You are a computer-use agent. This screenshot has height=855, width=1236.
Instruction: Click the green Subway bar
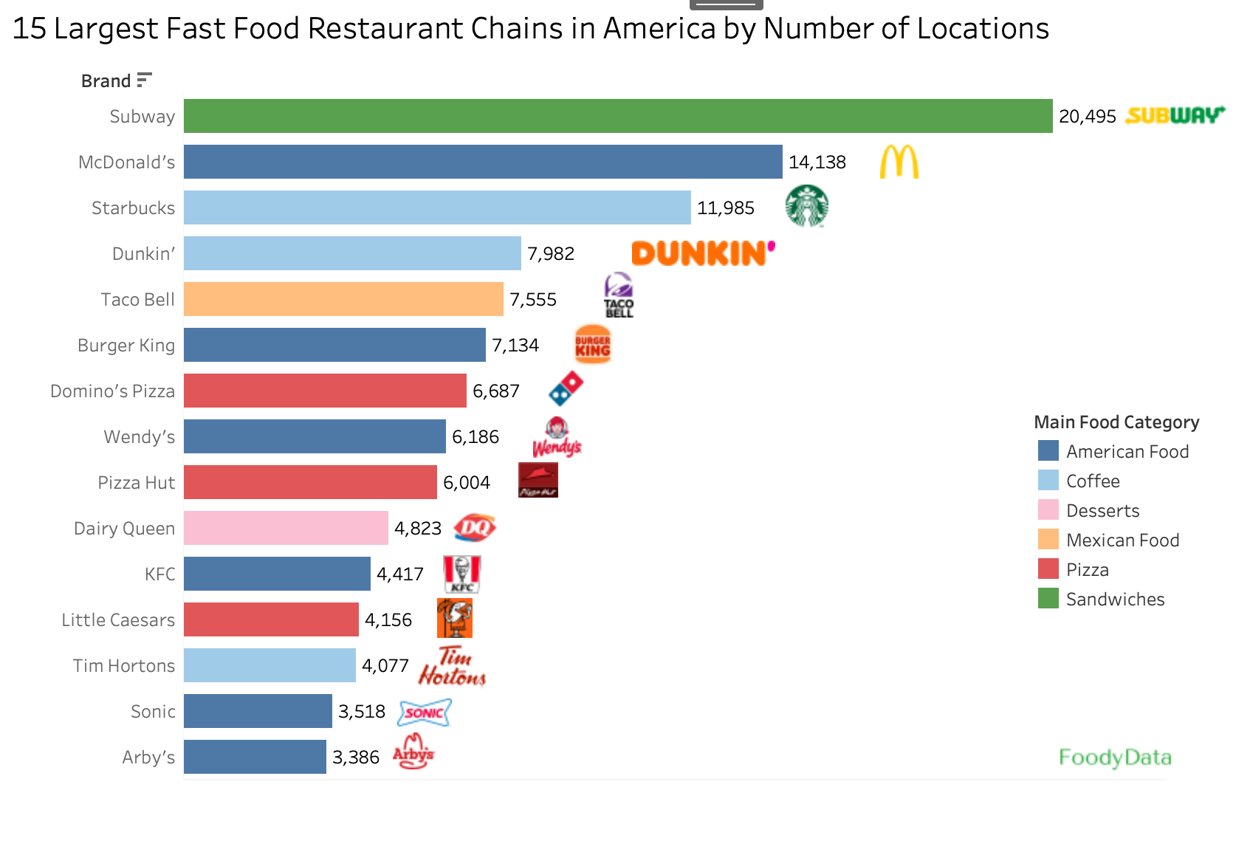pos(618,116)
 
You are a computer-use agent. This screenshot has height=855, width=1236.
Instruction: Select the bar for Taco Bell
pos(343,299)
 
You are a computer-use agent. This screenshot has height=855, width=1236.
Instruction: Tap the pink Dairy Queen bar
pos(286,528)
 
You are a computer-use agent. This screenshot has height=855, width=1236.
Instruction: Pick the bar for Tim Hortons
pos(269,665)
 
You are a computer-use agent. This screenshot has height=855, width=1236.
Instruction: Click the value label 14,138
pos(817,162)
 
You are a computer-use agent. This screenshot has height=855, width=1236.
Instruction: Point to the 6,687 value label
pos(495,391)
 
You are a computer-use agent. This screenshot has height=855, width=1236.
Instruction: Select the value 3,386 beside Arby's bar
pos(355,758)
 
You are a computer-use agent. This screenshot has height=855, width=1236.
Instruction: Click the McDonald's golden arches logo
pos(899,162)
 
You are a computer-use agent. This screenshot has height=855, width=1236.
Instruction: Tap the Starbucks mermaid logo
pos(806,206)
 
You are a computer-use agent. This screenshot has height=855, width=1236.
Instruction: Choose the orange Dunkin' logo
pos(703,253)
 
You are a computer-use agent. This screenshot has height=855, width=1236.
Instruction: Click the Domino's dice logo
pos(566,388)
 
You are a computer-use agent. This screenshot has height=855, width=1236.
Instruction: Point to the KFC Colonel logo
pos(462,574)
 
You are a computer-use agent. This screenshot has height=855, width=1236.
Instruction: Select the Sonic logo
pos(425,712)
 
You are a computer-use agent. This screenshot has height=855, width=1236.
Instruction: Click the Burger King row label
pos(126,346)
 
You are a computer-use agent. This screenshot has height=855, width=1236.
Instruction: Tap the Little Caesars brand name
pos(118,620)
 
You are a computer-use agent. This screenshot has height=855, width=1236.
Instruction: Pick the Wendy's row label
pos(140,437)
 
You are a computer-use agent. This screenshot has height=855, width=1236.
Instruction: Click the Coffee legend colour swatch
pos(1048,481)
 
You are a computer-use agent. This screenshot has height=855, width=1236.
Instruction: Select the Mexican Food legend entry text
pos(1122,540)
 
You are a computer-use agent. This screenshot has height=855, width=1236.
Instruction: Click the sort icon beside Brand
pos(144,80)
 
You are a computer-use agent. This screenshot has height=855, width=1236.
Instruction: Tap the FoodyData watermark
pos(1115,758)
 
